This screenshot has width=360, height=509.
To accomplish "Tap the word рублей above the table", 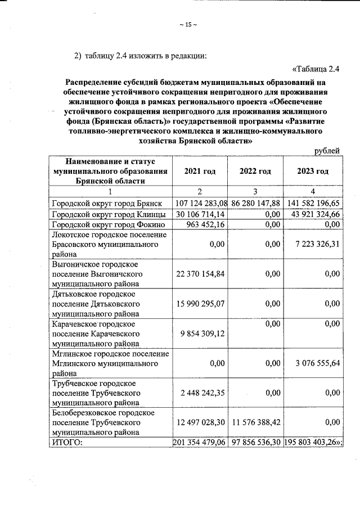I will tap(327, 151).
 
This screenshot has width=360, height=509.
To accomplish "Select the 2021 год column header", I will tap(200, 171).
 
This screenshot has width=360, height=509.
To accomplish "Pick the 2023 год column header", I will tap(313, 171).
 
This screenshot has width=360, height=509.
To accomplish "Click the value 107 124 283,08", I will tap(201, 203).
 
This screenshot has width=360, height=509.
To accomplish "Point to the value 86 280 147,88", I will tap(255, 203).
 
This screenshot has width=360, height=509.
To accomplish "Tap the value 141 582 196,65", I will tap(313, 203).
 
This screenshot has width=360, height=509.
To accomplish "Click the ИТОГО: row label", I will tap(67, 443).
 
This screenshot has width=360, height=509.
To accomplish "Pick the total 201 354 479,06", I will tap(200, 443).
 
